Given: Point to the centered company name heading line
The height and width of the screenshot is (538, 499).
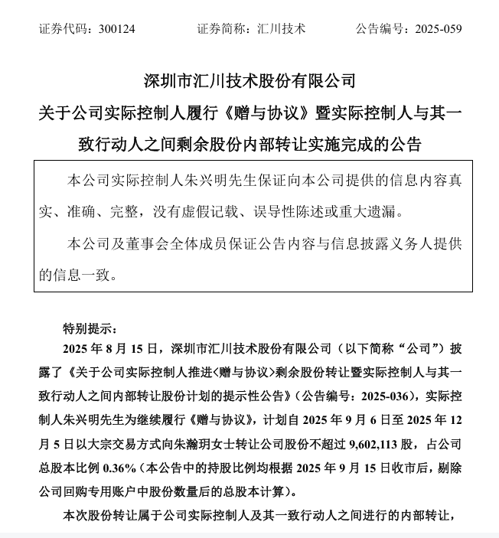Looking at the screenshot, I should (249, 80).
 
